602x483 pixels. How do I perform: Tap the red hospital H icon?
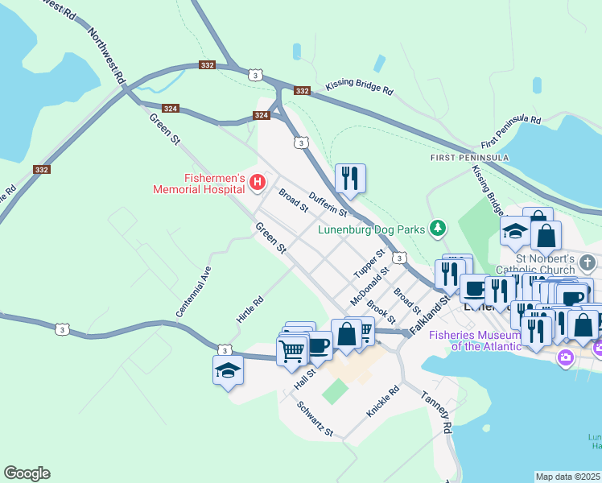(258, 183)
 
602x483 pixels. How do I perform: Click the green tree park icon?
(437, 229)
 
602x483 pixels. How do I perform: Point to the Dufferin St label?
(328, 206)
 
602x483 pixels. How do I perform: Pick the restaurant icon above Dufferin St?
(350, 178)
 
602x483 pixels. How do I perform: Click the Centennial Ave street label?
(193, 291)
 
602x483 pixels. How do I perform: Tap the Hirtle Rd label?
(250, 310)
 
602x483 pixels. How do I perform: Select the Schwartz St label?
(315, 419)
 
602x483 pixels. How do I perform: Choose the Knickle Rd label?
(383, 402)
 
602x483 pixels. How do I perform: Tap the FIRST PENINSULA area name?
(468, 157)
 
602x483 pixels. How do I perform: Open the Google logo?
(27, 473)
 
